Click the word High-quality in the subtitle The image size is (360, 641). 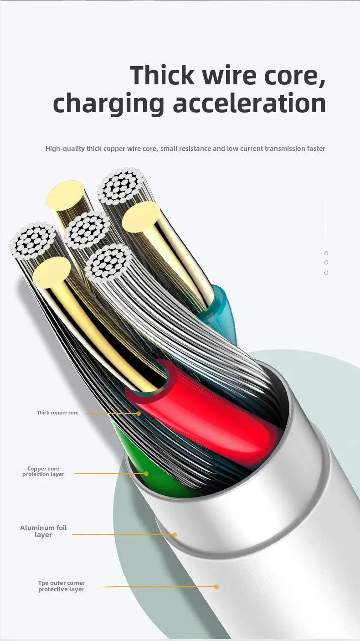[64, 149]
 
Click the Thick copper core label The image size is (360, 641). [57, 413]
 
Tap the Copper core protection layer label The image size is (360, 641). [43, 471]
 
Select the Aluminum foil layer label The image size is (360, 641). [43, 531]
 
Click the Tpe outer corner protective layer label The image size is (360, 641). [62, 586]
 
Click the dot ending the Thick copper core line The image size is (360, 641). [139, 414]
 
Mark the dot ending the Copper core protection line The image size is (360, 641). [146, 474]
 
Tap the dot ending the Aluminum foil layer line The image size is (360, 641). [175, 535]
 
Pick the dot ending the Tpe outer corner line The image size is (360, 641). [216, 587]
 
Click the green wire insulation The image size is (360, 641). [150, 470]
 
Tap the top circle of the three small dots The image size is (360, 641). [326, 253]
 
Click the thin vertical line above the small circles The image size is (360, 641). [326, 221]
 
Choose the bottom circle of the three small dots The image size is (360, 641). [326, 273]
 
